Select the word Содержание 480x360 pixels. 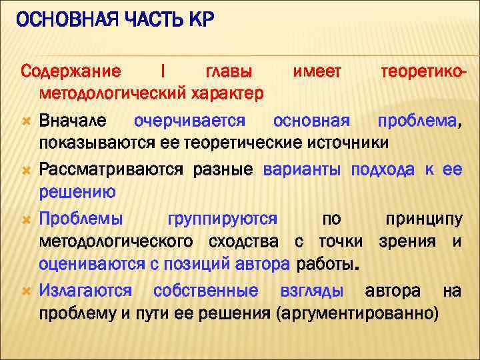71,71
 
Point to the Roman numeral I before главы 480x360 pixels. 164,71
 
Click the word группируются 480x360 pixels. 223,219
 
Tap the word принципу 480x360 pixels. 423,219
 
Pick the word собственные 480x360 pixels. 205,291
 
